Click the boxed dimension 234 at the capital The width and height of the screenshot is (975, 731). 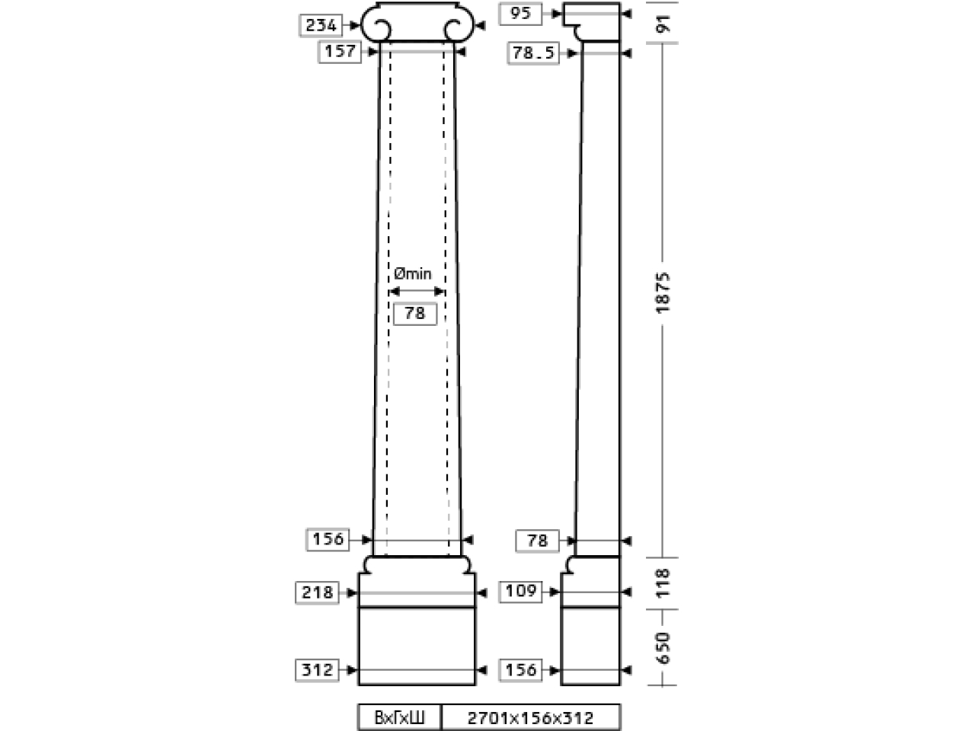pos(321,25)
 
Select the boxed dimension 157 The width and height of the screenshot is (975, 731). pos(340,52)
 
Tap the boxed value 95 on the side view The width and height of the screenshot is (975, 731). pos(520,13)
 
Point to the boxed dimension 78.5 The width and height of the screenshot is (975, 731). pos(533,53)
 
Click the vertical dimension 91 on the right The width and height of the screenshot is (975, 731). pos(663,23)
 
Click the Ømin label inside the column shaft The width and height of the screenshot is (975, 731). pos(413,274)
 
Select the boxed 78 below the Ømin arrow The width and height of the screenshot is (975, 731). pos(415,314)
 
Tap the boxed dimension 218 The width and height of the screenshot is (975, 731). pos(317,592)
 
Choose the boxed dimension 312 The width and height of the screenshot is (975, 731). pos(317,670)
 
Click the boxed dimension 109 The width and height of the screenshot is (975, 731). pos(520,591)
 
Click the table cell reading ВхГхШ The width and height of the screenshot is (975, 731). pos(399,717)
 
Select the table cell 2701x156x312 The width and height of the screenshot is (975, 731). pos(531,717)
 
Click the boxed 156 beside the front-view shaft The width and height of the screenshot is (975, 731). pos(328,539)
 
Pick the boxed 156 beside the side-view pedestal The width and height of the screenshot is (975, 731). pos(520,670)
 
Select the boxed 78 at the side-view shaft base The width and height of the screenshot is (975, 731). pos(537,541)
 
